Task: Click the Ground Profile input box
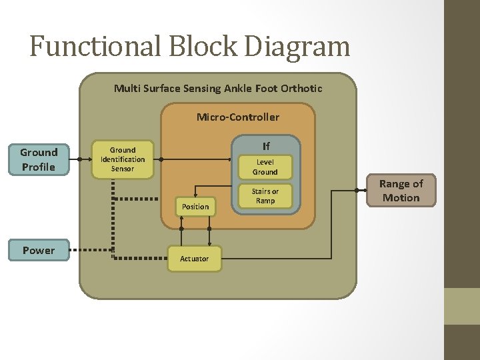(x=39, y=159)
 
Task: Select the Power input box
(x=39, y=250)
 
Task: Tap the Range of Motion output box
(x=401, y=190)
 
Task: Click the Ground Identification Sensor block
(x=122, y=159)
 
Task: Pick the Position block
(x=195, y=207)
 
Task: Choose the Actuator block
(x=194, y=258)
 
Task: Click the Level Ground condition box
(x=265, y=167)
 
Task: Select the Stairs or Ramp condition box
(x=265, y=196)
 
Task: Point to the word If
(x=266, y=146)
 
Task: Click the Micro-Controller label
(x=238, y=117)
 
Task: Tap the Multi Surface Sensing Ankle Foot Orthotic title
(x=218, y=88)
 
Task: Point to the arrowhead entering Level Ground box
(x=234, y=160)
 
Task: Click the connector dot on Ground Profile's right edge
(x=79, y=160)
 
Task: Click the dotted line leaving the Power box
(x=90, y=251)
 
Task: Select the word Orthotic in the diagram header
(x=301, y=88)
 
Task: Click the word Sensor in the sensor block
(x=122, y=169)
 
